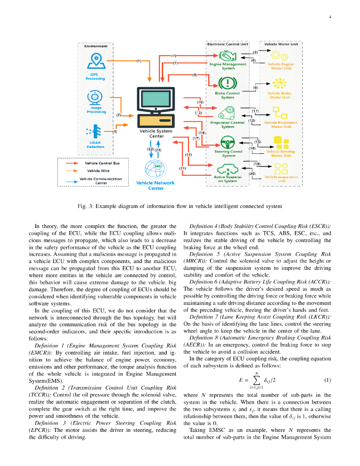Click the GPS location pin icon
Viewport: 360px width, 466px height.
click(x=96, y=60)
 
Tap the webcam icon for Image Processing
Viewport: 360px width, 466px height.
click(x=96, y=97)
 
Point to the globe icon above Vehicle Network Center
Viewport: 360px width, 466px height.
click(x=156, y=168)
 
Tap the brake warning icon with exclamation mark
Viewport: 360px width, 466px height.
click(x=227, y=83)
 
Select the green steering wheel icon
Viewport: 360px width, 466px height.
click(x=228, y=142)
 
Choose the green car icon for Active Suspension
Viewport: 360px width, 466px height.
click(x=227, y=168)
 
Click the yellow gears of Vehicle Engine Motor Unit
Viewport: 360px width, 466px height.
click(x=279, y=56)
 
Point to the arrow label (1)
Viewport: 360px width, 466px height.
click(x=139, y=60)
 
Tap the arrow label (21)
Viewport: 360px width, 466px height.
click(x=183, y=168)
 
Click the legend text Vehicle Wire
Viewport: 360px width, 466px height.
click(x=96, y=171)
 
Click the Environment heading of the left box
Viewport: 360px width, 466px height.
click(x=96, y=46)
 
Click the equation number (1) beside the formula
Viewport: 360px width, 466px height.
click(x=327, y=380)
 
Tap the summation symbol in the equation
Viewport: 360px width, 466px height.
click(x=257, y=380)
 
